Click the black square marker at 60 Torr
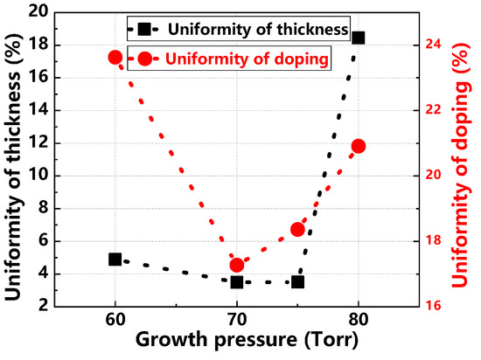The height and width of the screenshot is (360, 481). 115,260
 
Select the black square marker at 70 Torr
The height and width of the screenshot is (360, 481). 236,281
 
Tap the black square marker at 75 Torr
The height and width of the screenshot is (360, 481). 297,281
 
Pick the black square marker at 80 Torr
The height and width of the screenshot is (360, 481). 358,38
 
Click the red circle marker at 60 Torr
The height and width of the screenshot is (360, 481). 115,58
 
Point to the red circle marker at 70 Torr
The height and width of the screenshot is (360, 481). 236,265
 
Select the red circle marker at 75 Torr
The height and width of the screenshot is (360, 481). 297,230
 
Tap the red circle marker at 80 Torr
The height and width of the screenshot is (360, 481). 358,146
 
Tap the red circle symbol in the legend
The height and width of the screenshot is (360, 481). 143,59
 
